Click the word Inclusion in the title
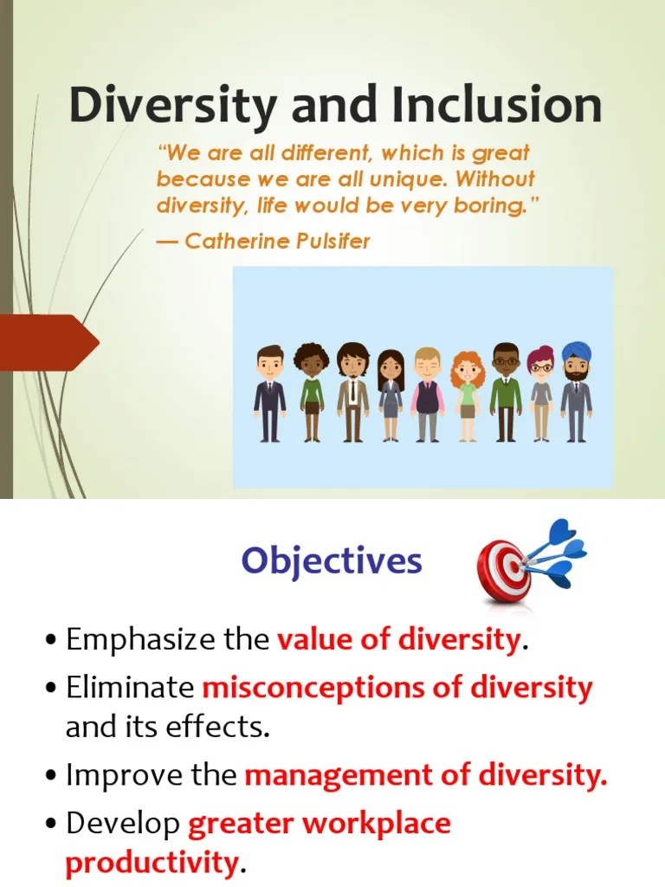(x=496, y=106)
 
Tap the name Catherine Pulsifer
(x=277, y=241)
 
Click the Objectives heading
(x=332, y=561)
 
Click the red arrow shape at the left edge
(x=48, y=342)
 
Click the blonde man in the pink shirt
(x=428, y=393)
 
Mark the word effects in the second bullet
(x=223, y=728)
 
